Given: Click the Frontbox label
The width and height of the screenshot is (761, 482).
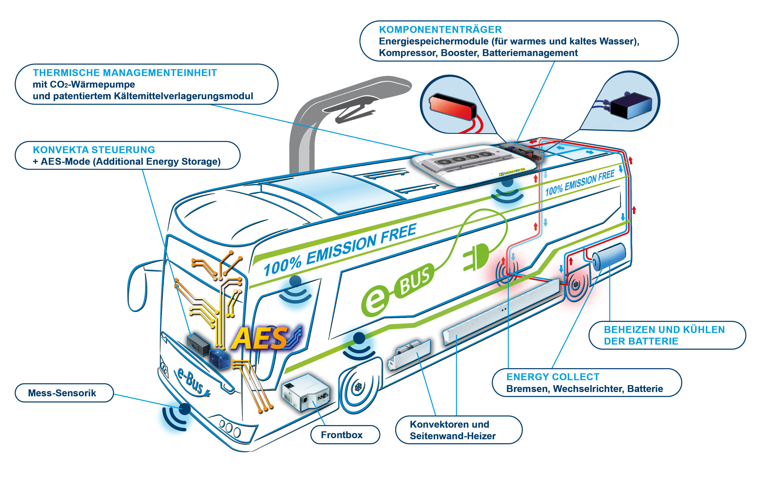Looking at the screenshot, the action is (x=342, y=435).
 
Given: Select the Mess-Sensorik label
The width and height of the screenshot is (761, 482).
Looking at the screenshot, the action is (x=62, y=393).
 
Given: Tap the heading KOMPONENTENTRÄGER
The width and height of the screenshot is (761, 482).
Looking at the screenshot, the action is (x=440, y=29).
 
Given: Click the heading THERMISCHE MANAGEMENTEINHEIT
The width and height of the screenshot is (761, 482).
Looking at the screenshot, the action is (x=125, y=73).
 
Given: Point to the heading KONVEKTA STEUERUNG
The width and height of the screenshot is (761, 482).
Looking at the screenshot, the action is (x=94, y=150).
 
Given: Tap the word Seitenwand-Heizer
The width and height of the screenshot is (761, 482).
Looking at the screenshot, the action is (x=453, y=436).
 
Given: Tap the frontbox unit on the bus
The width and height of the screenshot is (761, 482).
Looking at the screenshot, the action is (x=306, y=392).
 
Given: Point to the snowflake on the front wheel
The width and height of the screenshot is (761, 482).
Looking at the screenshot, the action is (x=358, y=387).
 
